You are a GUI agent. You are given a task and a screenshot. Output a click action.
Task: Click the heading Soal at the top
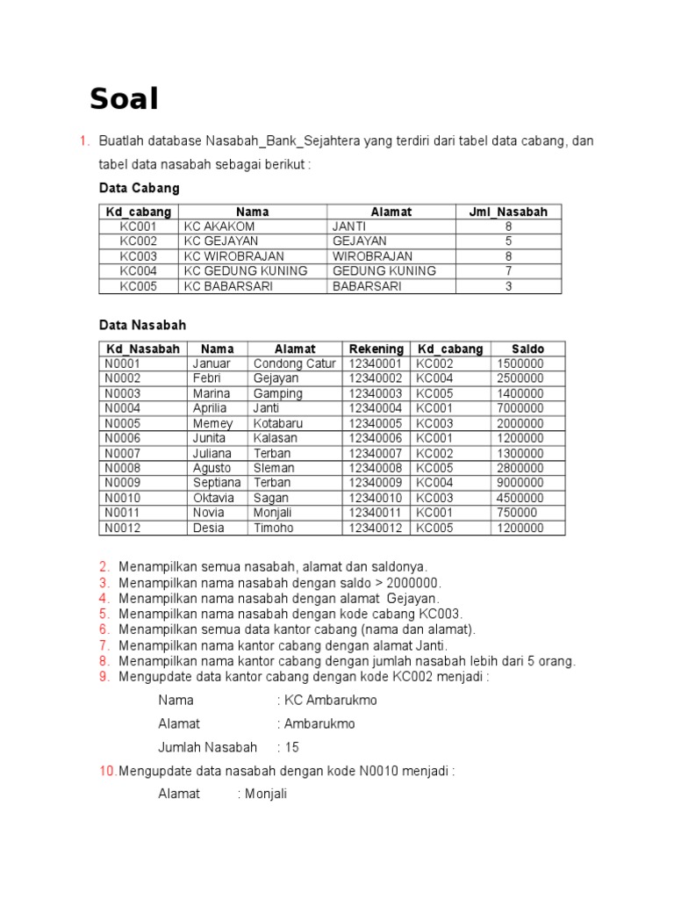click(x=124, y=100)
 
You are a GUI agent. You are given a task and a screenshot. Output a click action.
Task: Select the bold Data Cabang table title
click(x=139, y=188)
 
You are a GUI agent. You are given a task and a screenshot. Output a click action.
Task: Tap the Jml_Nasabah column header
click(x=508, y=212)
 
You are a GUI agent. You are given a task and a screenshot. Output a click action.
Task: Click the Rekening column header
click(x=376, y=349)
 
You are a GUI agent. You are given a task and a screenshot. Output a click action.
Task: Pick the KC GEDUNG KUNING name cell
click(x=246, y=271)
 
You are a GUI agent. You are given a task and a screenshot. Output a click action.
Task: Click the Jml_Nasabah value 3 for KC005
click(x=508, y=286)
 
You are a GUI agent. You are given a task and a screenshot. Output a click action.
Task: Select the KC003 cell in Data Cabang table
click(x=139, y=256)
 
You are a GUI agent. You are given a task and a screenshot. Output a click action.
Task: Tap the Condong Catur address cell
click(x=294, y=363)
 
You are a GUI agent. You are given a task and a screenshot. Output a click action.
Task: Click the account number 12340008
click(x=376, y=468)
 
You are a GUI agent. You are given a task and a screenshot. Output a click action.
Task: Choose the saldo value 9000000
click(x=520, y=483)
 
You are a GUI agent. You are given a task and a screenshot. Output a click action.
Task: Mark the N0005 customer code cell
click(x=123, y=423)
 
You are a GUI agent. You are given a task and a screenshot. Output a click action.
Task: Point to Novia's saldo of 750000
click(x=517, y=513)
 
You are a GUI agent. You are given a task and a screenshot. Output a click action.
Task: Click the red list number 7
click(x=104, y=645)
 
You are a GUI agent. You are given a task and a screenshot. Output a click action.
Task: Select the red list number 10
click(x=107, y=771)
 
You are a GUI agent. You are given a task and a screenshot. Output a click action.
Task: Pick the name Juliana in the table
click(x=212, y=453)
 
